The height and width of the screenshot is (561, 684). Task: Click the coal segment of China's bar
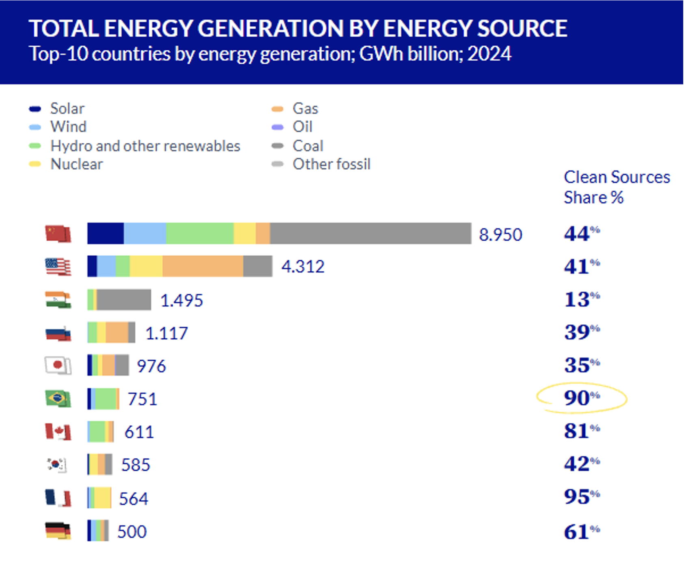(370, 233)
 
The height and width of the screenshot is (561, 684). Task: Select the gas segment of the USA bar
(203, 266)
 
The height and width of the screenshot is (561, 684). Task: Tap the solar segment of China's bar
(106, 233)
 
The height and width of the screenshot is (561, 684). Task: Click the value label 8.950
(500, 235)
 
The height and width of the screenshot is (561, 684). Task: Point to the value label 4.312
(303, 267)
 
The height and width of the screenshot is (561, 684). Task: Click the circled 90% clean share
(581, 398)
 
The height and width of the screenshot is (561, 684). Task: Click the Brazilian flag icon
(58, 398)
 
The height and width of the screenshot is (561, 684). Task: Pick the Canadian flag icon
(58, 431)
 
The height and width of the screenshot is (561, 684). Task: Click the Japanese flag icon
(58, 365)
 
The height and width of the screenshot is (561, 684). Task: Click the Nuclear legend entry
(76, 164)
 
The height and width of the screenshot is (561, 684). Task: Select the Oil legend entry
(302, 127)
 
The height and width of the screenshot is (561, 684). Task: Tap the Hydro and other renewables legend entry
(145, 146)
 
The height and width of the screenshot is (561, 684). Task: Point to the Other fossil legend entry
(331, 164)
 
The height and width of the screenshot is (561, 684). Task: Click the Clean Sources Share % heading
(616, 187)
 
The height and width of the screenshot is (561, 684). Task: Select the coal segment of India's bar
(124, 300)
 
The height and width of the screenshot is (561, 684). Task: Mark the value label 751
(142, 399)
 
